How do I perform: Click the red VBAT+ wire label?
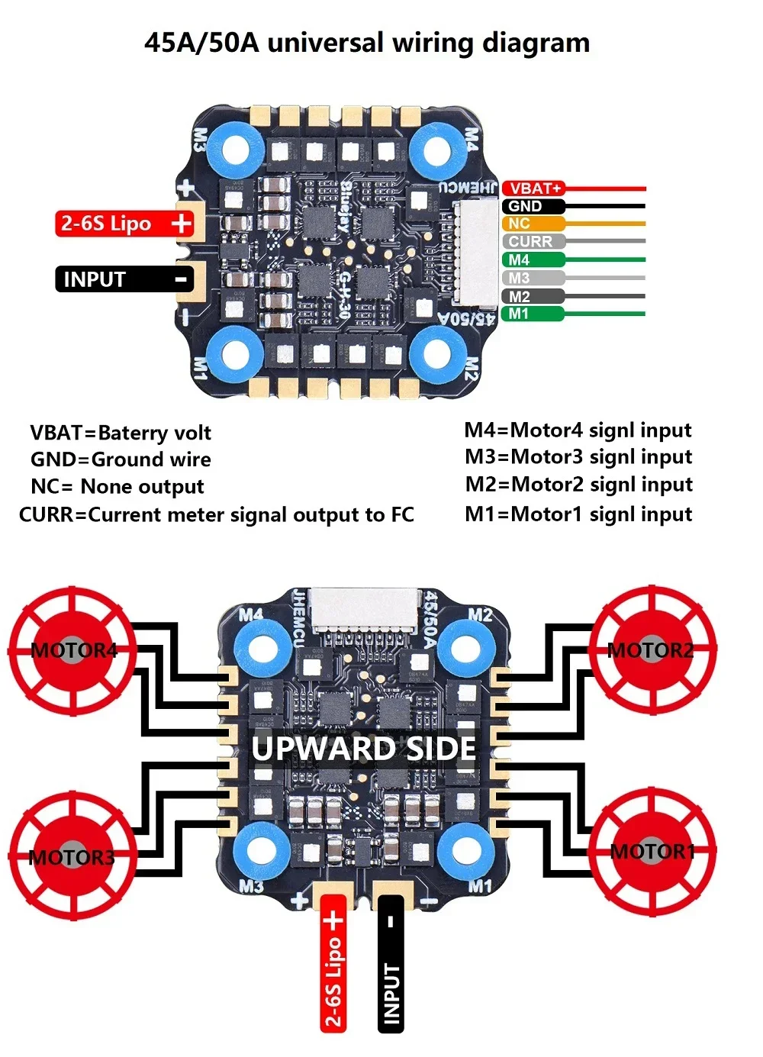(534, 188)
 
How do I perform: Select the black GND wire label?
(533, 206)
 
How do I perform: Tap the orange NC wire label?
(533, 224)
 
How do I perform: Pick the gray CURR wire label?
(533, 241)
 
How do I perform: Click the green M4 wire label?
(533, 259)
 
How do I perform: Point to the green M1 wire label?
(533, 314)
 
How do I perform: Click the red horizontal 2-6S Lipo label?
(124, 224)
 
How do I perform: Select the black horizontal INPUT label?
(124, 279)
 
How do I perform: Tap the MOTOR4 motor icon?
(73, 650)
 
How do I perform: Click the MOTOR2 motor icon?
(652, 650)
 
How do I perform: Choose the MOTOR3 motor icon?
(73, 856)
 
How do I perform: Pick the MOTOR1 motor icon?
(652, 852)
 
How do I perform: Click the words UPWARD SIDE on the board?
(364, 748)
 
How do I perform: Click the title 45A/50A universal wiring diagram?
(367, 43)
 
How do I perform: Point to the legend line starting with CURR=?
(216, 515)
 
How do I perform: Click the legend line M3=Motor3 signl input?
(578, 457)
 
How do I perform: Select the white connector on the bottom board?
(364, 607)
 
